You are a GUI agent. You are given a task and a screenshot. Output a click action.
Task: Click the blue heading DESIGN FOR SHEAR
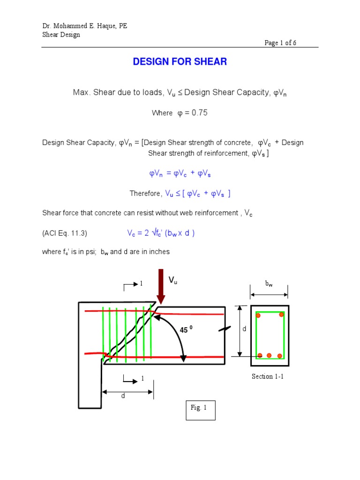180,62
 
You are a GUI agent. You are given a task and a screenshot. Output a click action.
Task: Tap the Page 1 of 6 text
280,43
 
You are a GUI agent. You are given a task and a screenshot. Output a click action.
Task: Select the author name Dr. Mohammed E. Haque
84,26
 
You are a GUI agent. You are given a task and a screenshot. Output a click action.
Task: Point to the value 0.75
197,113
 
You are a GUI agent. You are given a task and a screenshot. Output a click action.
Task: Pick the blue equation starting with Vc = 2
161,233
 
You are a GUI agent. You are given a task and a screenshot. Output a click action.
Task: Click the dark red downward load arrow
161,286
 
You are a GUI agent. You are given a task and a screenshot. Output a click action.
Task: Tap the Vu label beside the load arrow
173,280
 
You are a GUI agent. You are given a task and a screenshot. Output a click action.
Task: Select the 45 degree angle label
186,330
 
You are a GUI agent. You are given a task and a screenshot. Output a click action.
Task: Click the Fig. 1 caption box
201,411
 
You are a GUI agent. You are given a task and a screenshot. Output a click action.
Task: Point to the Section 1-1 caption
267,376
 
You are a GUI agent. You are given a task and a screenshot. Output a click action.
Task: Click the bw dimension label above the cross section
269,284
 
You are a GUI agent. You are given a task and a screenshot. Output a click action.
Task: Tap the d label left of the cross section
244,330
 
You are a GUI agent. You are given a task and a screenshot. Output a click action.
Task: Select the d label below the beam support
123,396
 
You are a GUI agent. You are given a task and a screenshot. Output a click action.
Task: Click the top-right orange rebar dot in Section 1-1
281,315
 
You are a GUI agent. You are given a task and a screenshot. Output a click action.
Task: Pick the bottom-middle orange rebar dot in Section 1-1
269,355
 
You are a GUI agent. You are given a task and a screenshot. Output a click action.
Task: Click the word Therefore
145,193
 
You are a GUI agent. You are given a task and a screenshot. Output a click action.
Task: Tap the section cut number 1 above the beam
141,284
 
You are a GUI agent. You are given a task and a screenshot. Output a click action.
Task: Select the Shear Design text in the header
61,35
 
